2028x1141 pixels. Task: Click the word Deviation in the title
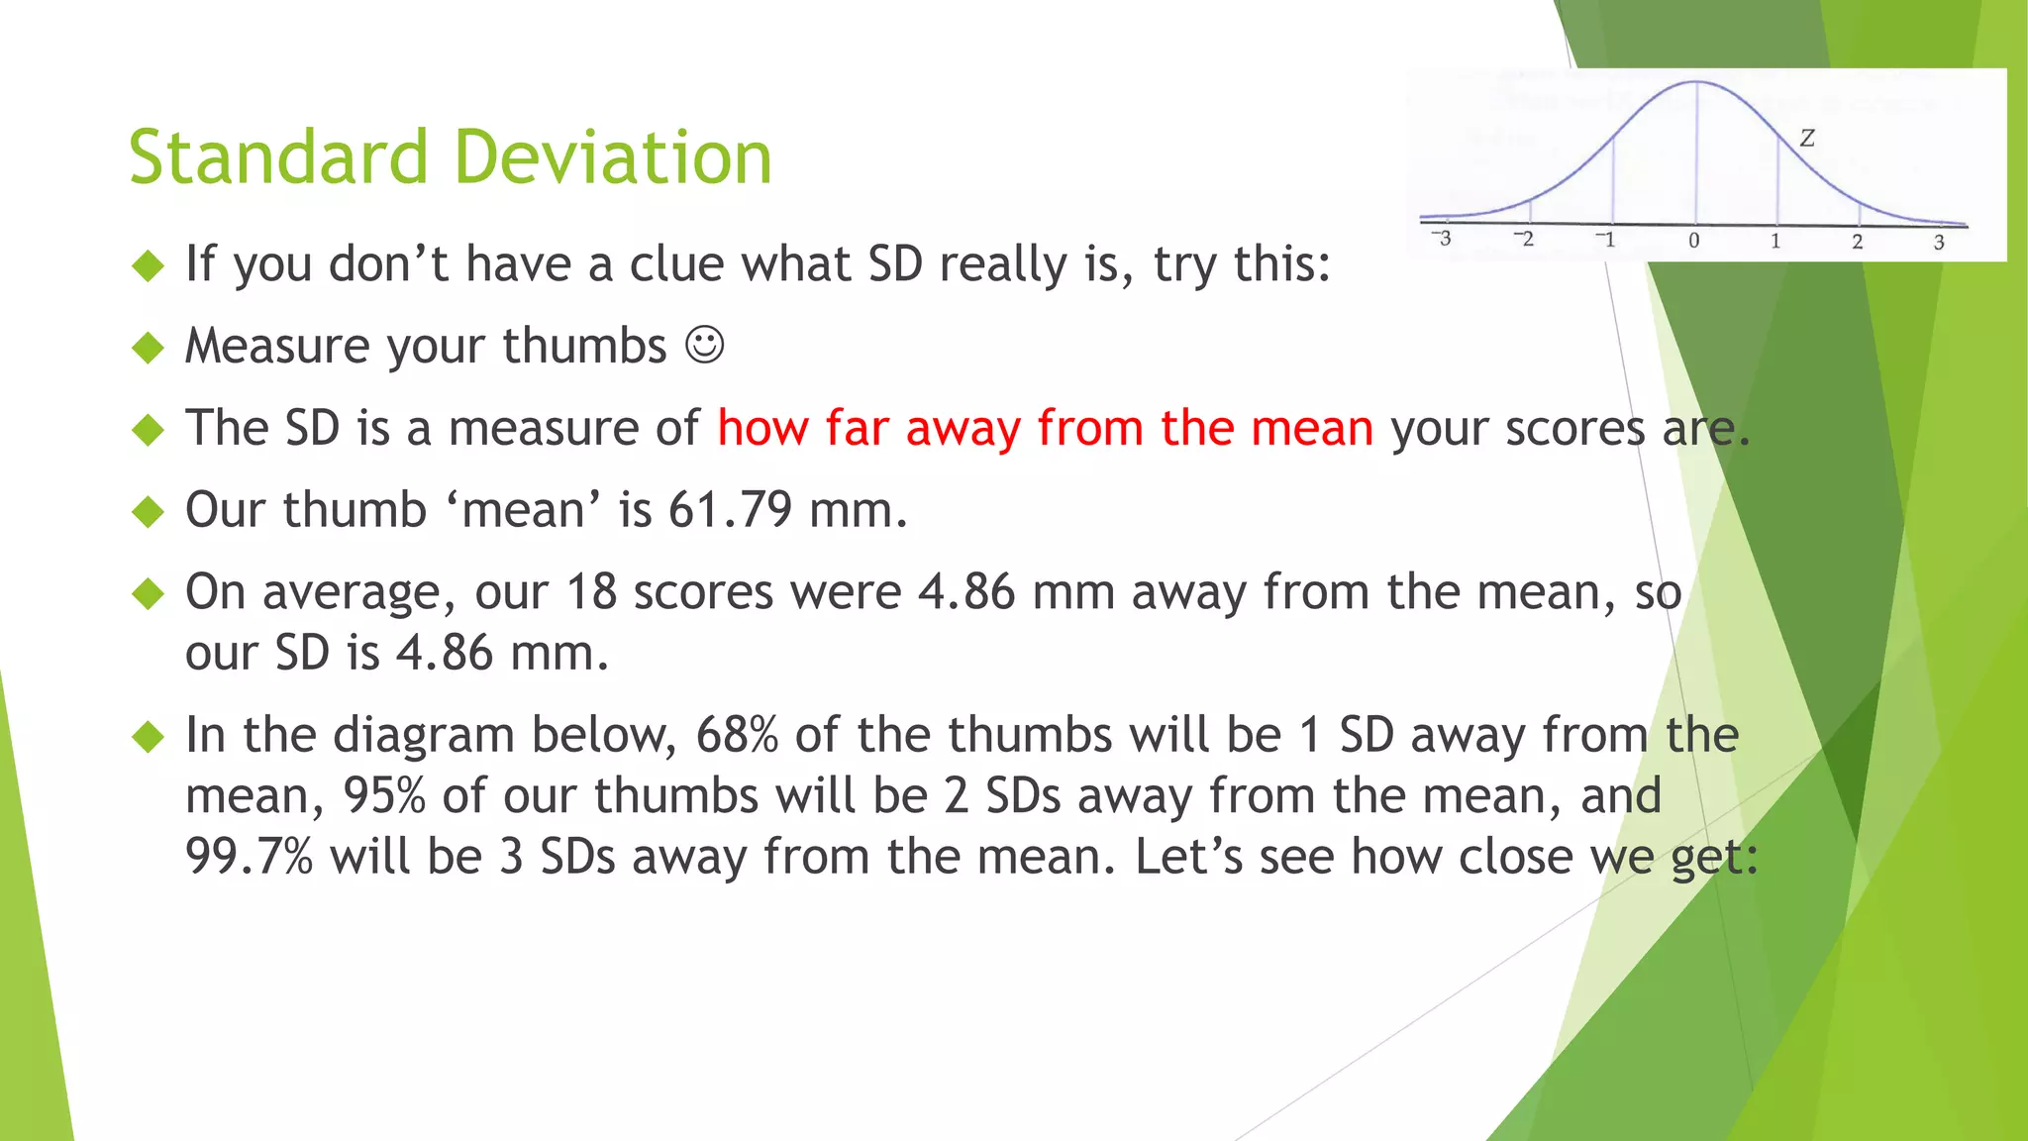[x=613, y=157]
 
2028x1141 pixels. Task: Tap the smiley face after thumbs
[x=705, y=346]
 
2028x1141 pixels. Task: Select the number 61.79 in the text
[x=730, y=510]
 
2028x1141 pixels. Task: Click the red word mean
[x=1311, y=428]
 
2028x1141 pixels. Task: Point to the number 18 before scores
[x=591, y=592]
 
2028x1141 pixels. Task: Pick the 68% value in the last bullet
[x=737, y=735]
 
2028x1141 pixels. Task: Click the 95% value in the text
[x=384, y=796]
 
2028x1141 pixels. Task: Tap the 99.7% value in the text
[x=249, y=857]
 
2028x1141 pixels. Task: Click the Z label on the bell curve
[x=1807, y=138]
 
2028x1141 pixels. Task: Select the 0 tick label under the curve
[x=1694, y=241]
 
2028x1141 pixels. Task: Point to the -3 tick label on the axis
[x=1442, y=239]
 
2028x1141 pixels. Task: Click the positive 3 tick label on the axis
[x=1939, y=242]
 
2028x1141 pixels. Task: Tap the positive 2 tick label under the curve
[x=1858, y=242]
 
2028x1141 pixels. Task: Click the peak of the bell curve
[x=1696, y=82]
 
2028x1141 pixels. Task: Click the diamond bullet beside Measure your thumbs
[x=148, y=348]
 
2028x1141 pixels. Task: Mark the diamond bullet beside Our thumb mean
[x=148, y=512]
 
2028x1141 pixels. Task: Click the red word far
[x=857, y=428]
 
